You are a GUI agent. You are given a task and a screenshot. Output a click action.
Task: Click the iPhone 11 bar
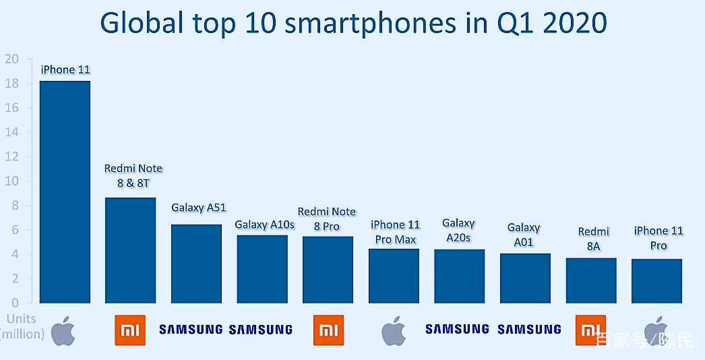[65, 192]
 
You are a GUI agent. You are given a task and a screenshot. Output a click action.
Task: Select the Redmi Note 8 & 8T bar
[130, 250]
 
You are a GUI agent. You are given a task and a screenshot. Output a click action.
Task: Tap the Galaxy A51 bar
[197, 264]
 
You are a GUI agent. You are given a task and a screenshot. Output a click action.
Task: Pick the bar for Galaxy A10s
[262, 269]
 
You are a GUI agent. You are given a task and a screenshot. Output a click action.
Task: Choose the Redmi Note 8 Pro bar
[328, 270]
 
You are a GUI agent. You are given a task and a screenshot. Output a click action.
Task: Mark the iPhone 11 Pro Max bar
[394, 276]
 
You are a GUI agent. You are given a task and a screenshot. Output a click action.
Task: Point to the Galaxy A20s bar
[460, 276]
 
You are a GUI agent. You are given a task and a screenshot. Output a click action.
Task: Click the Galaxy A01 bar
[525, 278]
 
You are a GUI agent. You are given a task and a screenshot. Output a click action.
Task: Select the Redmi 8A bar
[591, 281]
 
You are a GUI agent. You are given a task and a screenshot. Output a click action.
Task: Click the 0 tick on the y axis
[16, 303]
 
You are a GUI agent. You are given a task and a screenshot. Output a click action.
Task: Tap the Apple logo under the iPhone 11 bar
[63, 330]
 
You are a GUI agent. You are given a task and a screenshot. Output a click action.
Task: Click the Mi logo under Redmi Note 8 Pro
[328, 330]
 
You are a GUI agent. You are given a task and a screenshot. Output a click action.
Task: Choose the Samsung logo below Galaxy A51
[191, 330]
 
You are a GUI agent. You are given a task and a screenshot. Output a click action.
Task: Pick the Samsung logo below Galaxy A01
[529, 330]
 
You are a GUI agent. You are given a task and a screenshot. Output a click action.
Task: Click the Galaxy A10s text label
[264, 224]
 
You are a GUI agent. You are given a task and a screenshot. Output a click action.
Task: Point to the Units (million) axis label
[22, 326]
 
